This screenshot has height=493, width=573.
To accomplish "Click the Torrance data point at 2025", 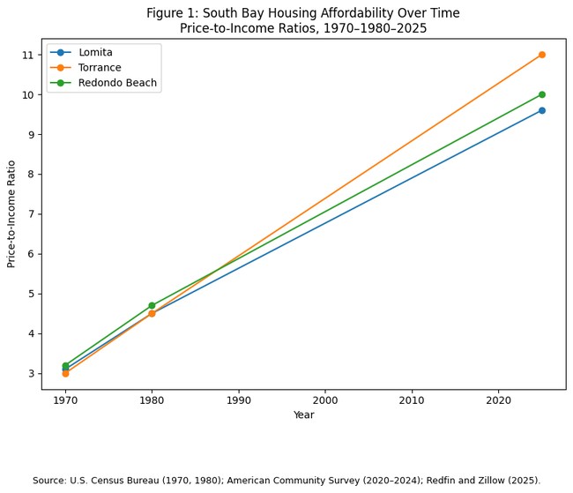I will click(x=541, y=55).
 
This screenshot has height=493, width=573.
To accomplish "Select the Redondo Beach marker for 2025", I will click(x=541, y=94).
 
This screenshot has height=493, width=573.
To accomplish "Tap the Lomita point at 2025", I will click(x=541, y=110).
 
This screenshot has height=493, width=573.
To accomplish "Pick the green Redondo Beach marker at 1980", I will click(x=152, y=305).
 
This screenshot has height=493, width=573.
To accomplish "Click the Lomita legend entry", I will click(x=95, y=53).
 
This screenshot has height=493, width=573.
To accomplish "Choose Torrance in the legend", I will click(x=100, y=68).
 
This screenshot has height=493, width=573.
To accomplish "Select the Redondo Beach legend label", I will click(x=117, y=83).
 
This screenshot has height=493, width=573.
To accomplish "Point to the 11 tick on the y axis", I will click(x=28, y=55).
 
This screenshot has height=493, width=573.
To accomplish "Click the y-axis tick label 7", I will click(x=31, y=214).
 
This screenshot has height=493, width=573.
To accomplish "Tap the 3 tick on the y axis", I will click(x=31, y=374).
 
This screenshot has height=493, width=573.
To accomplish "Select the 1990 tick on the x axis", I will click(x=239, y=399).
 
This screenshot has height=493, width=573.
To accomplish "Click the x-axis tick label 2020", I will click(x=498, y=399).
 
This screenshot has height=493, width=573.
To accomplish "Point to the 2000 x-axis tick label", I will click(x=325, y=399).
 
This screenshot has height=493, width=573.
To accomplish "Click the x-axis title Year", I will click(x=303, y=415).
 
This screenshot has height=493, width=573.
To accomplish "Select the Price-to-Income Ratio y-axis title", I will click(x=12, y=213).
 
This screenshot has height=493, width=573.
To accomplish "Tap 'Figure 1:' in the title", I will click(x=172, y=13).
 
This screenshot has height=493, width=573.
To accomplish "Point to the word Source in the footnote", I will click(x=50, y=481).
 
